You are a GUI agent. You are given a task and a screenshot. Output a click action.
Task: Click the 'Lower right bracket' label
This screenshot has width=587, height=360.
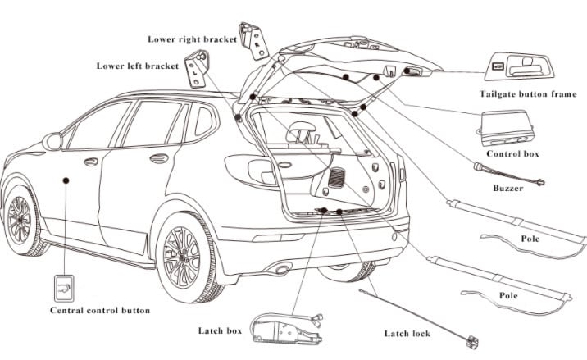[192, 39]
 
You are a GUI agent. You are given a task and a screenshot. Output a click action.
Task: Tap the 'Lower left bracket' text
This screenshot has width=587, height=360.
[137, 66]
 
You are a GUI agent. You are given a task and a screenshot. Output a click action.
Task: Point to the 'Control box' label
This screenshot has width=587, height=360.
[512, 153]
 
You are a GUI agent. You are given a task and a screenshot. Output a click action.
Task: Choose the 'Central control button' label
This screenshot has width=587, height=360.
[100, 311]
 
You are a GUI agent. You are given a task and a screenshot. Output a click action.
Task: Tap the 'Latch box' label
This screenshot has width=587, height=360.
[220, 330]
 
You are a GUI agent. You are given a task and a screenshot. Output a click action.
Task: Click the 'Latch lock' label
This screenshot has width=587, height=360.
[412, 334]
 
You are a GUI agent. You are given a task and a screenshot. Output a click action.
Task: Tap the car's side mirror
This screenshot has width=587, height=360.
[53, 142]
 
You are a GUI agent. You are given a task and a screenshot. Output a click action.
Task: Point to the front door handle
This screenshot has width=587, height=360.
[90, 162]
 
